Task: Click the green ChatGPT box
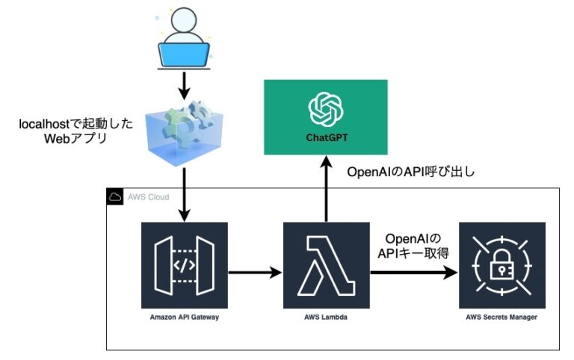(x=326, y=117)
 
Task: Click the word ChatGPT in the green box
(x=326, y=138)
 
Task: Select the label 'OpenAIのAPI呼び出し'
(x=411, y=172)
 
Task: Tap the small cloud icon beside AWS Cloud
(x=116, y=198)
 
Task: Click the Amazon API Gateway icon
(x=184, y=265)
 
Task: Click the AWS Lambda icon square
(x=326, y=265)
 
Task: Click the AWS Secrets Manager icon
(x=502, y=265)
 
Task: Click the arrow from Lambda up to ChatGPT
(x=326, y=190)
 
